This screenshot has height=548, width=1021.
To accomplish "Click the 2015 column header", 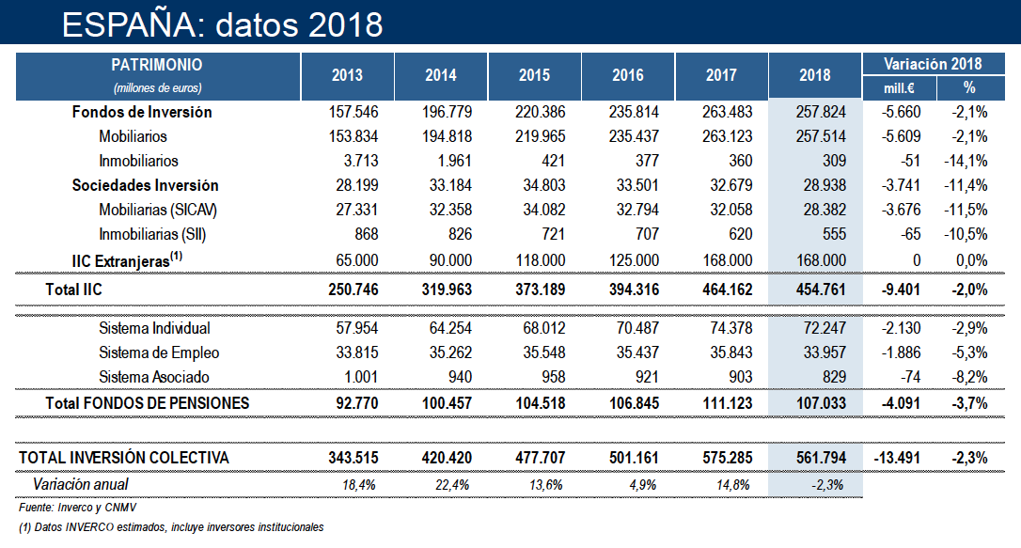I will point(534,76).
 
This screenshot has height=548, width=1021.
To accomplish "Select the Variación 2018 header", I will point(933,64).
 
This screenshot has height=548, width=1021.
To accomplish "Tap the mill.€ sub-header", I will point(901,87).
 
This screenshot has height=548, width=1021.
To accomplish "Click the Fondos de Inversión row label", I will point(142,113).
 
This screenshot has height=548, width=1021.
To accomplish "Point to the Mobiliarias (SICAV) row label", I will point(164,211).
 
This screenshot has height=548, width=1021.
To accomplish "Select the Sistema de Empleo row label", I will point(159,352).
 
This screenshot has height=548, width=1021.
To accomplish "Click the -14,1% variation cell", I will point(967,162).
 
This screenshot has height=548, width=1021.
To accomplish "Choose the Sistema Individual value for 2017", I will point(728,328).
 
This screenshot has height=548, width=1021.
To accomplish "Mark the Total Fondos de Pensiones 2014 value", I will point(444,402).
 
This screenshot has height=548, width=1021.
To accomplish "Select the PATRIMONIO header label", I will point(157,65).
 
